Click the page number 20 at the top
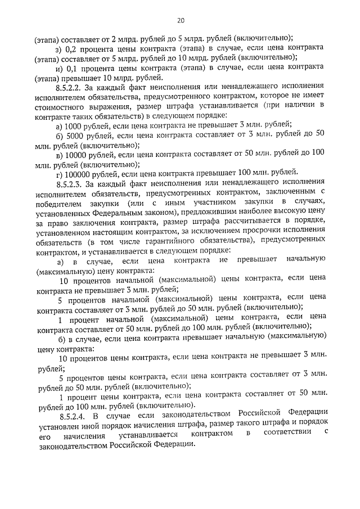click(180, 21)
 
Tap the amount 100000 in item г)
click(78, 173)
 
